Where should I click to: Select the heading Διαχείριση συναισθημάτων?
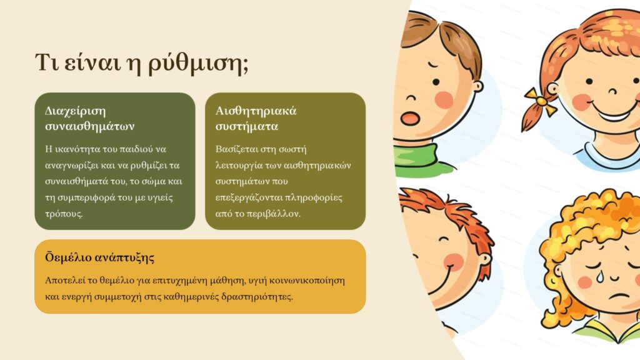[x=90, y=118]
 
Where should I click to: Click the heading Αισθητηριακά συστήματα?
[x=256, y=118]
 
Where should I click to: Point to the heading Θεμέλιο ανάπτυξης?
[x=99, y=257]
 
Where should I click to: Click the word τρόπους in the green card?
[x=64, y=214]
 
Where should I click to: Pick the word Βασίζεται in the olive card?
[x=234, y=149]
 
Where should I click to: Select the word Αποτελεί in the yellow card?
[x=65, y=281]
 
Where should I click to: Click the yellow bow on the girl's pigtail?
[x=540, y=101]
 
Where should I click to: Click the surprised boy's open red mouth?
[x=409, y=118]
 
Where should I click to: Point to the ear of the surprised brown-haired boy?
[x=477, y=86]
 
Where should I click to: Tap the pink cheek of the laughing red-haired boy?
[x=453, y=262]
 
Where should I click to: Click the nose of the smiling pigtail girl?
[x=612, y=91]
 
